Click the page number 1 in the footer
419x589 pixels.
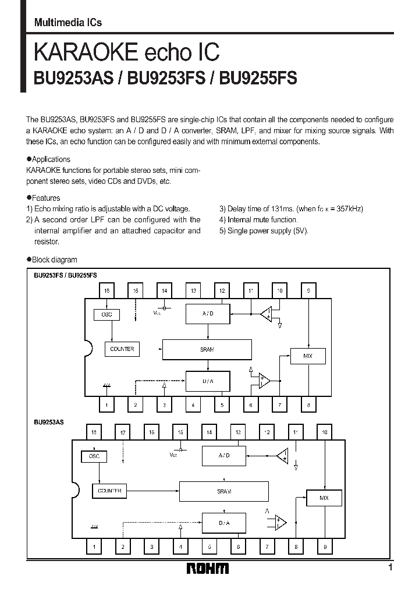(390, 567)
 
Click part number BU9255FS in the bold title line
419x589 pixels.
(258, 78)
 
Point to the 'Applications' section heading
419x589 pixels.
(51, 159)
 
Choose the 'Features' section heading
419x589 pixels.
(46, 198)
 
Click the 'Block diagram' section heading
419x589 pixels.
(54, 260)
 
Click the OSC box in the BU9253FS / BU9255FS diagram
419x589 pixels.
(106, 314)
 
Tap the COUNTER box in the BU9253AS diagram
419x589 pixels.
(109, 491)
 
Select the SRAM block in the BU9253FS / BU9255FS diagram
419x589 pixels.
(207, 349)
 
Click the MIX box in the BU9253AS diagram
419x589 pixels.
(324, 498)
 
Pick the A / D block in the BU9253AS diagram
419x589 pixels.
(223, 456)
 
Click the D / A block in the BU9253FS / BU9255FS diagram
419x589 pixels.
(207, 381)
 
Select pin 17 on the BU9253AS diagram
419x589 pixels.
(122, 432)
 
